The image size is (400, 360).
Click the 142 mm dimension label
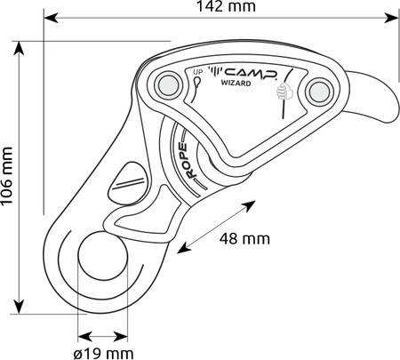tap(226, 6)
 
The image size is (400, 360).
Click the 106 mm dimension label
tap(7, 175)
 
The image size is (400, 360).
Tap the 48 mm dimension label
tap(244, 239)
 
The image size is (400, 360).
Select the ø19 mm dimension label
tap(103, 354)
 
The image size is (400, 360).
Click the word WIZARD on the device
tap(236, 84)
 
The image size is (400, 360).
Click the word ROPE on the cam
tap(188, 161)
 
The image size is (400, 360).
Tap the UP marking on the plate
tap(197, 72)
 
